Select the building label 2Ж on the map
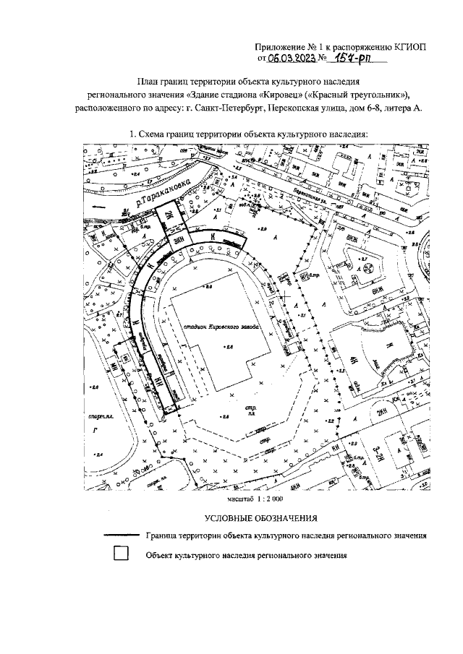tap(167, 215)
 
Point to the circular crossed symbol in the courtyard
tap(367, 268)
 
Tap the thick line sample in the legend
tap(120, 536)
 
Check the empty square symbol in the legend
tap(121, 555)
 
